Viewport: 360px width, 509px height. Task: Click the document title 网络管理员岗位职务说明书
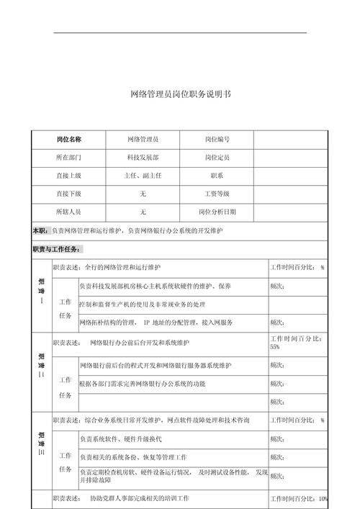pyautogui.click(x=180, y=94)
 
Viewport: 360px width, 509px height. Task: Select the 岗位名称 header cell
pyautogui.click(x=69, y=139)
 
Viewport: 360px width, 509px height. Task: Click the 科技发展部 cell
pyautogui.click(x=143, y=157)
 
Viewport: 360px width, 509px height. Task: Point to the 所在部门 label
pyautogui.click(x=69, y=157)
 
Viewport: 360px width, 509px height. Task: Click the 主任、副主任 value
pyautogui.click(x=143, y=176)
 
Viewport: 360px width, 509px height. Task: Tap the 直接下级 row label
pyautogui.click(x=69, y=194)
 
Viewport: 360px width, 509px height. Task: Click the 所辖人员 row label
pyautogui.click(x=69, y=212)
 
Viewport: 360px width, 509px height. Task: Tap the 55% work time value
pyautogui.click(x=275, y=347)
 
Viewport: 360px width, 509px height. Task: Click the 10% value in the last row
pyautogui.click(x=323, y=499)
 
